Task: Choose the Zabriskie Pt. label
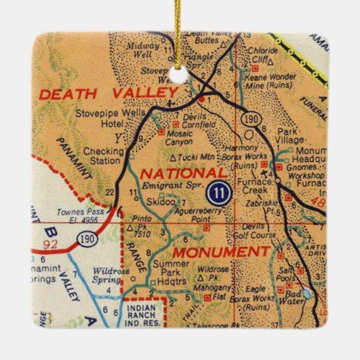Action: point(268,197)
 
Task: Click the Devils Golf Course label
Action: point(262,231)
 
